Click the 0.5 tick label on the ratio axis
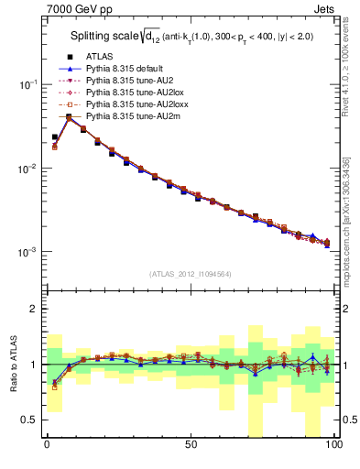(27, 420)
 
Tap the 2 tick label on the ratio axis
(33, 309)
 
